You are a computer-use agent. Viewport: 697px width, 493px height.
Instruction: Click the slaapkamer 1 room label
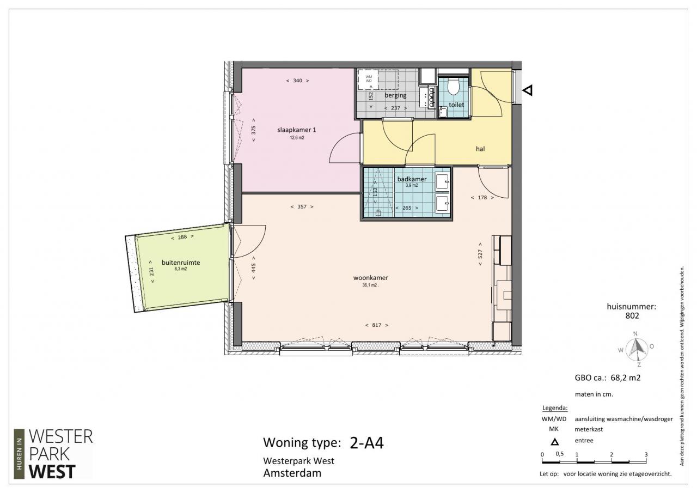point(297,130)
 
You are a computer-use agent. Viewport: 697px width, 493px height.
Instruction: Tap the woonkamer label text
point(371,278)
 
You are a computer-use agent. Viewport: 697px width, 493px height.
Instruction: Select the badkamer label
point(412,179)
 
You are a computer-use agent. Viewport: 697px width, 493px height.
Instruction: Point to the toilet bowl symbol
point(454,86)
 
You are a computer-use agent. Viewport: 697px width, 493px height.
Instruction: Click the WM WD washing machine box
point(369,80)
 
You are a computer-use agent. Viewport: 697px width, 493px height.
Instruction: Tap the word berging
point(395,95)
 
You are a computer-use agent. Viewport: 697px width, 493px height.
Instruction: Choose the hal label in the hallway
point(480,149)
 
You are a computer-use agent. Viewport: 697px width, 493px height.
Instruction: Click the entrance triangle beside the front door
point(528,90)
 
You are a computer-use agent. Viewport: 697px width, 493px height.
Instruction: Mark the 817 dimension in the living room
point(376,325)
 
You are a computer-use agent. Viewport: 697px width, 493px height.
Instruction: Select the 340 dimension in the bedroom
point(297,81)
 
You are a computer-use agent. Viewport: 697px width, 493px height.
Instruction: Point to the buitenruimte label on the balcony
point(181,263)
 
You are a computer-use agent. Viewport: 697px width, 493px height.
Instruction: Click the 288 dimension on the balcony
point(182,237)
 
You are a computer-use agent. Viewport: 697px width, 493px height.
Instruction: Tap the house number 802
point(632,315)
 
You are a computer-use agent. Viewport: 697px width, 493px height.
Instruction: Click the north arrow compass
point(635,350)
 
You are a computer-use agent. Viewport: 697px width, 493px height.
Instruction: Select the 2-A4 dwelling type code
point(367,443)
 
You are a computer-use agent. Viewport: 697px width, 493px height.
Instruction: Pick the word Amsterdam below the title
point(292,473)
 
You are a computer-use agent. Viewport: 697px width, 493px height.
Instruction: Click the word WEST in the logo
point(52,472)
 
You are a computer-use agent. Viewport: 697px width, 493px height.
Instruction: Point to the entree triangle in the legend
point(554,442)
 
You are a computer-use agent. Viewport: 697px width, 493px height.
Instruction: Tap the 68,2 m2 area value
point(626,378)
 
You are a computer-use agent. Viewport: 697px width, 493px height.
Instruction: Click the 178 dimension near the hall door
point(482,197)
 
